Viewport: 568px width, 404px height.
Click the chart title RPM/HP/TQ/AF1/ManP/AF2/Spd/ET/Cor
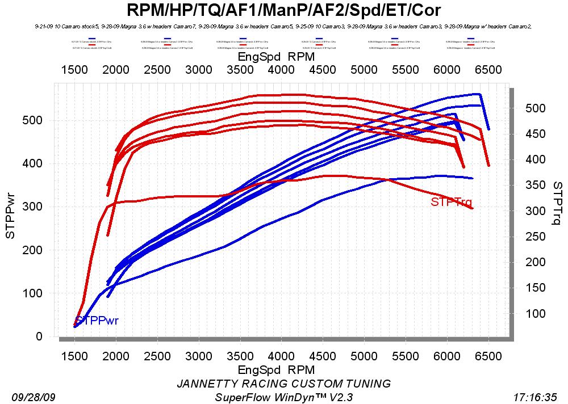[283, 10]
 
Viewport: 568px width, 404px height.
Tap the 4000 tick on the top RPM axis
[281, 69]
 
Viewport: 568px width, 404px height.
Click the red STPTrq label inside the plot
[451, 201]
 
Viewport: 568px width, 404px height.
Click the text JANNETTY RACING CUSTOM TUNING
[283, 384]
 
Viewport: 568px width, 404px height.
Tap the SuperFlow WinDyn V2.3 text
[283, 397]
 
